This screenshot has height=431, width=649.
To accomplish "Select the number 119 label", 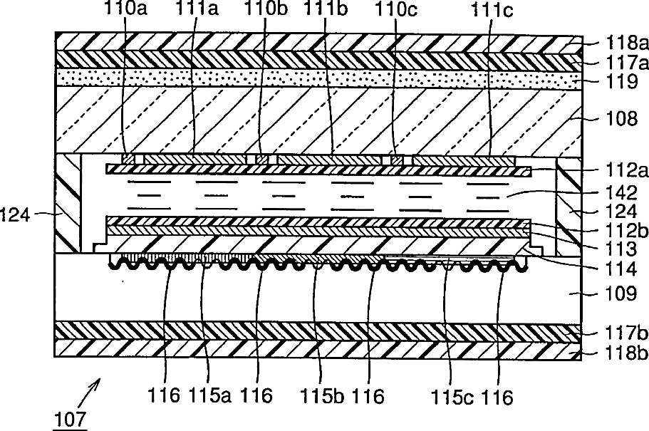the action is coord(621,82).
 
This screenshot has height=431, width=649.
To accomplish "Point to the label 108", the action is coord(621,119).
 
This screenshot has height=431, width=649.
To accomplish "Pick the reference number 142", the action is coord(621,193).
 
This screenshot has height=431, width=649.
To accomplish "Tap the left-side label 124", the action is coord(15,215).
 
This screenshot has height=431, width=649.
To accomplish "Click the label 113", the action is coord(621,249).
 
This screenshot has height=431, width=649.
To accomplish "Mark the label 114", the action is coord(621,269).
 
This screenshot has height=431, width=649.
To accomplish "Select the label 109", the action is coord(621,294).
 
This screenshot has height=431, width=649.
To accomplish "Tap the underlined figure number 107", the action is coord(71,420).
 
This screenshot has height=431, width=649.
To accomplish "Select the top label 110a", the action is coord(125,9).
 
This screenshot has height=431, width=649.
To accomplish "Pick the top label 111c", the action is coord(492,11).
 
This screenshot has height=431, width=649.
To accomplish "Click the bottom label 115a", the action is coord(210,396).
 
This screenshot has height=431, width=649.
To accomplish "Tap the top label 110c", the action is coord(395,9).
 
